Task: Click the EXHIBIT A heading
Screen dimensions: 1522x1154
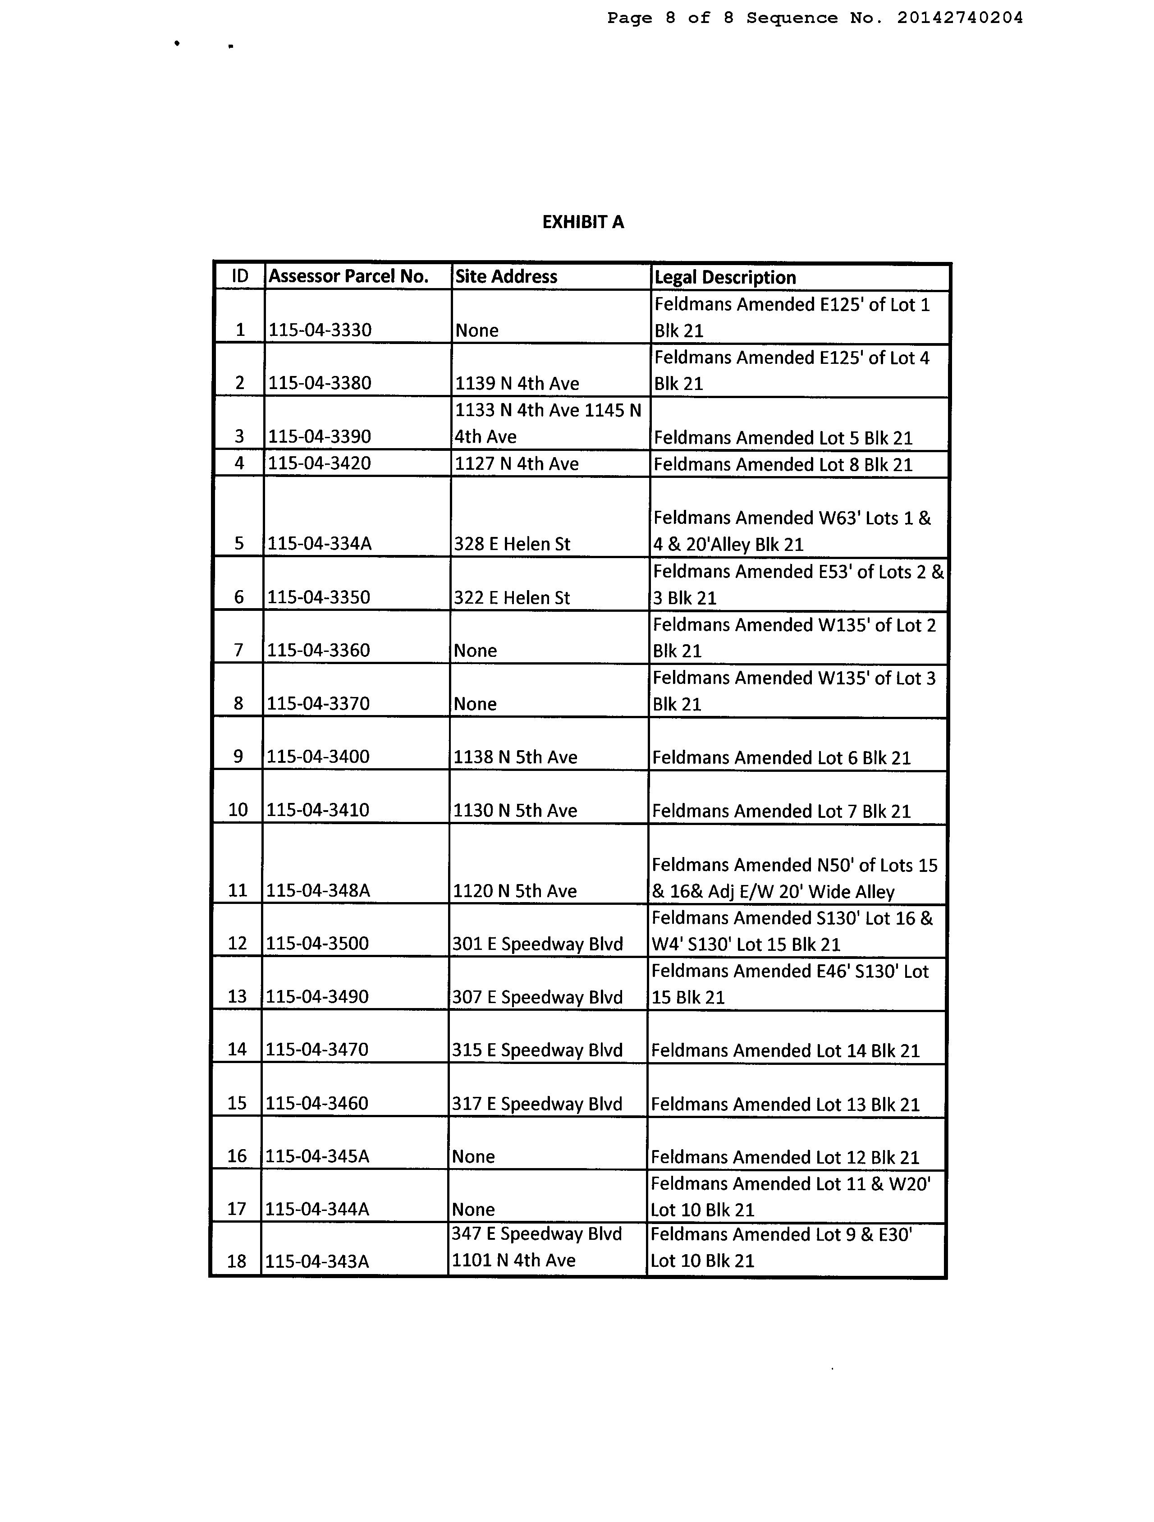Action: pos(583,222)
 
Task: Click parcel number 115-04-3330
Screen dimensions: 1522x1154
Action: pos(320,330)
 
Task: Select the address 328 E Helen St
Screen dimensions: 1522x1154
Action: pos(512,544)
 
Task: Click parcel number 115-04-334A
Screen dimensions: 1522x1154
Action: pos(319,544)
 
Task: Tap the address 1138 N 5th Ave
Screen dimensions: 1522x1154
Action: pos(515,757)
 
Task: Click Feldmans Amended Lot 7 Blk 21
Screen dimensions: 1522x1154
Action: pos(781,811)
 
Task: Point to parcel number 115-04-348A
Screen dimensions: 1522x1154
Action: pos(318,890)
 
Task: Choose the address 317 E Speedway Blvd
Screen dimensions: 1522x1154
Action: pos(537,1104)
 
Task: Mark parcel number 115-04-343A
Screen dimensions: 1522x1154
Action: pos(317,1261)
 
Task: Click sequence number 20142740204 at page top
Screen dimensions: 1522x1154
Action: pos(959,18)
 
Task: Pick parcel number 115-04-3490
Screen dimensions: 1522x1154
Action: pos(317,996)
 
